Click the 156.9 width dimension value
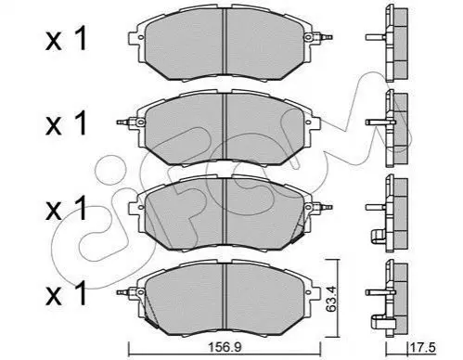pyautogui.click(x=225, y=347)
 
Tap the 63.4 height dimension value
pyautogui.click(x=329, y=298)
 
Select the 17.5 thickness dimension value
pyautogui.click(x=423, y=347)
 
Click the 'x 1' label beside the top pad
pyautogui.click(x=66, y=40)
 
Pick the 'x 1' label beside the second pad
pyautogui.click(x=66, y=124)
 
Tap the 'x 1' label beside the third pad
pyautogui.click(x=66, y=209)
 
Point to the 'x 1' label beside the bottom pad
pyautogui.click(x=66, y=293)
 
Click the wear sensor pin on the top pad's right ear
pyautogui.click(x=325, y=37)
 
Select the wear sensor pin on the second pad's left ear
pyautogui.click(x=123, y=122)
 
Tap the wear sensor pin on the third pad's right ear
pyautogui.click(x=325, y=207)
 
